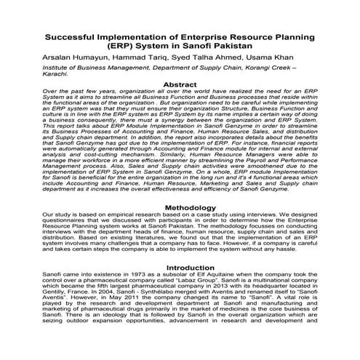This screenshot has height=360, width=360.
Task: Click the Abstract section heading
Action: pos(180,85)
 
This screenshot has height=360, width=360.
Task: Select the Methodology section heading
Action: pos(180,208)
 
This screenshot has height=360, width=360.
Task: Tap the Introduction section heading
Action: pos(180,268)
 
